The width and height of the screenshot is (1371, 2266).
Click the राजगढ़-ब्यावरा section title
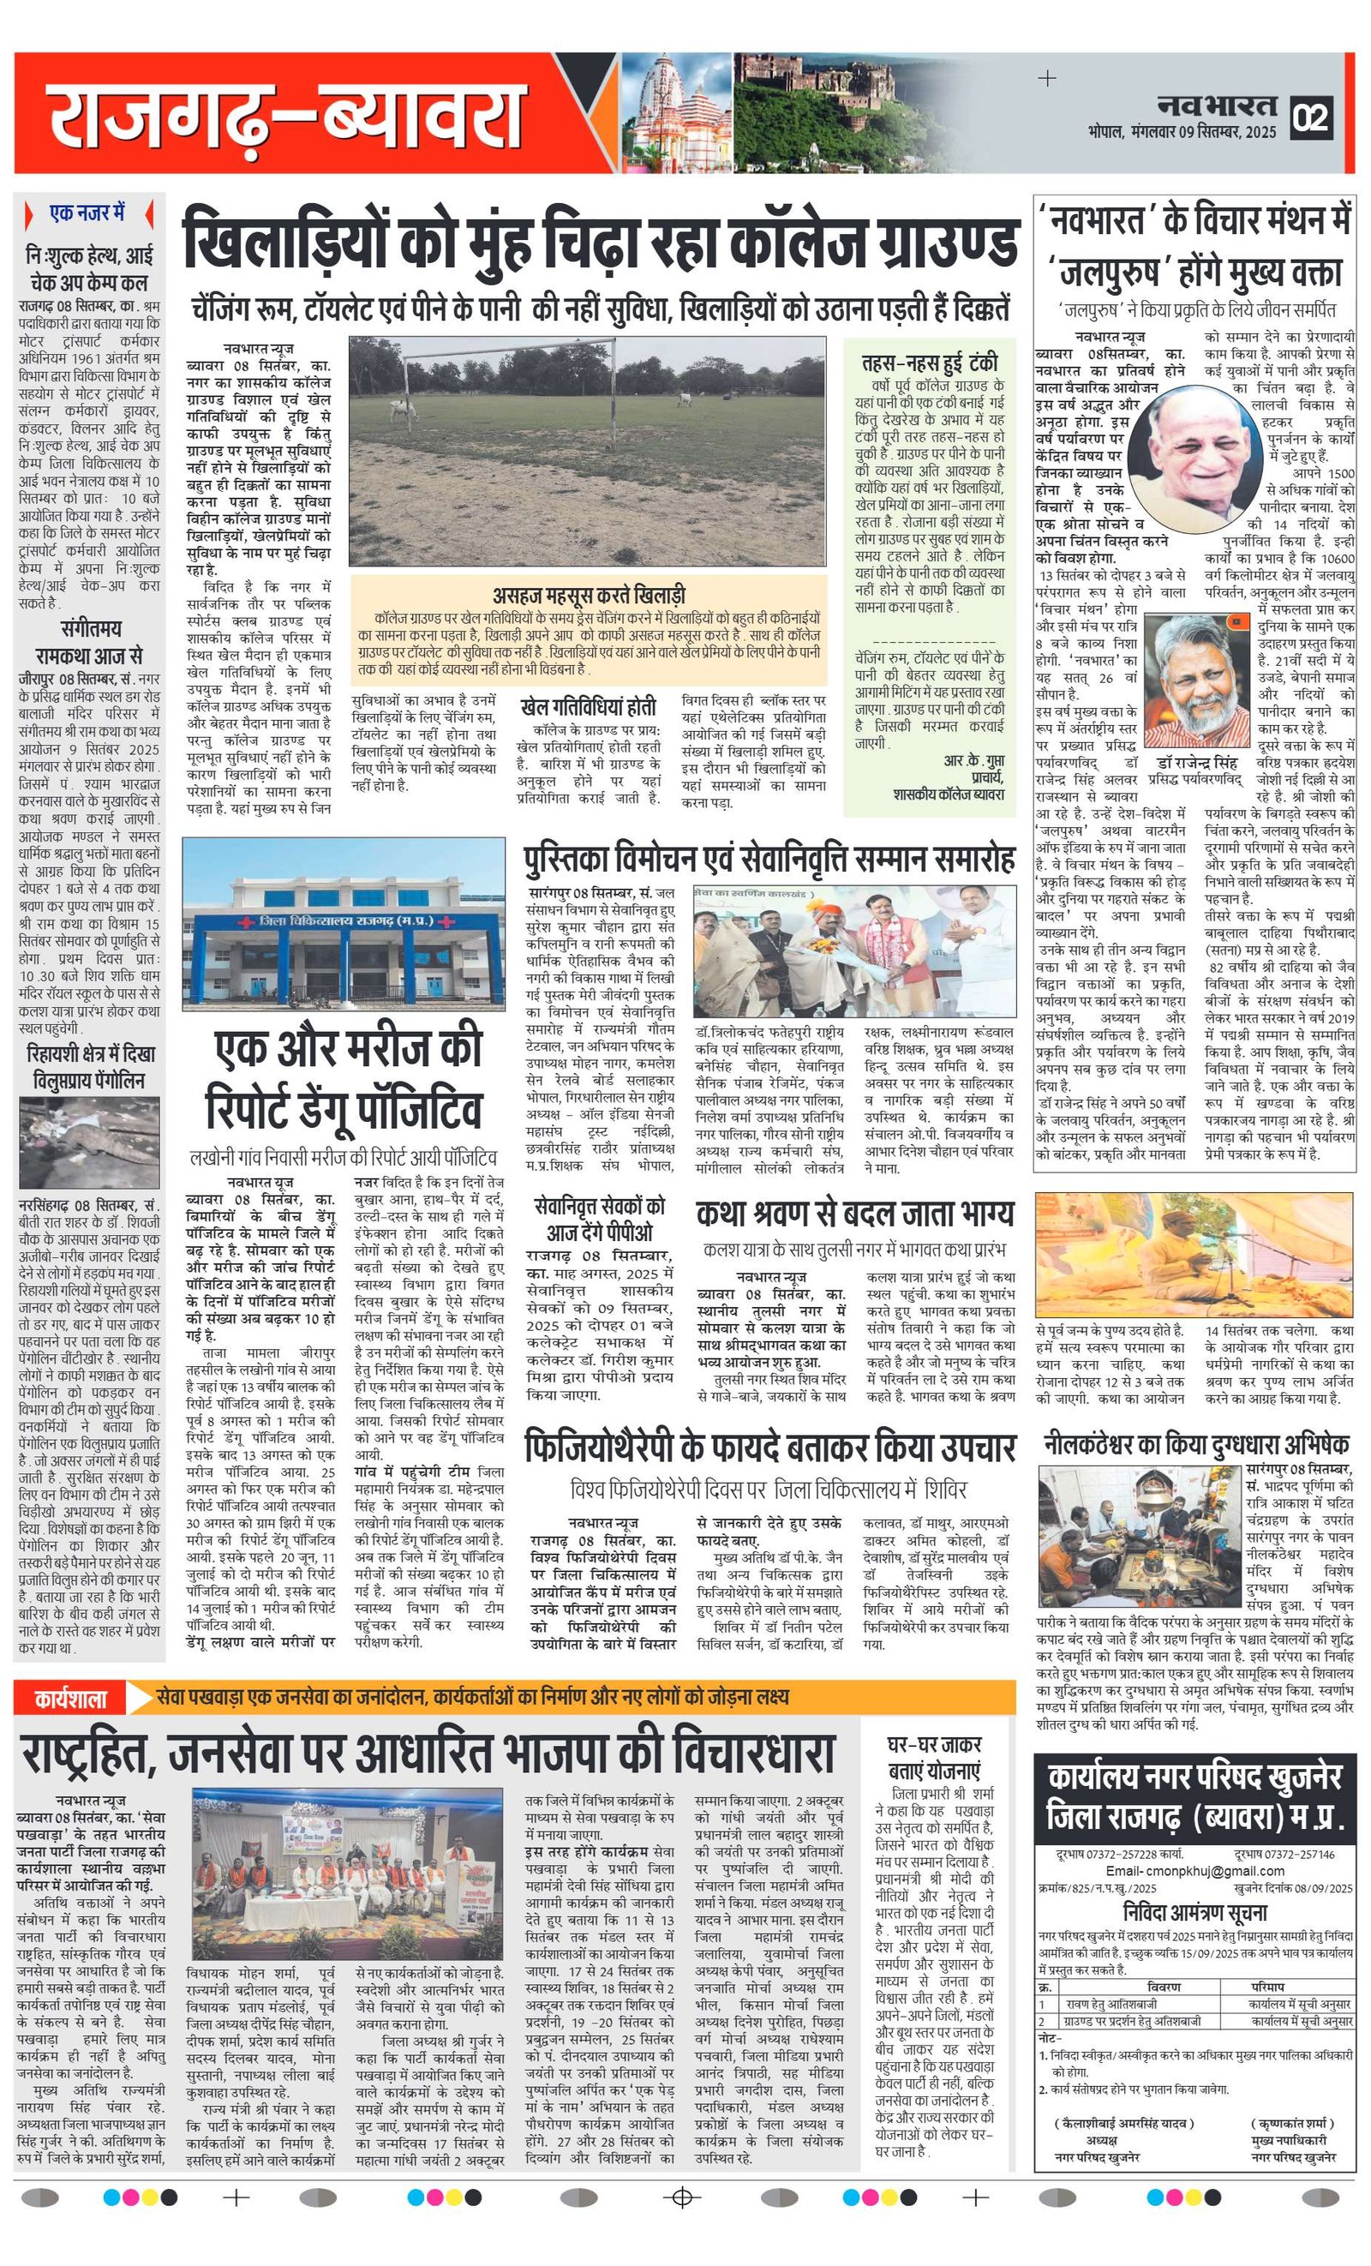pyautogui.click(x=286, y=117)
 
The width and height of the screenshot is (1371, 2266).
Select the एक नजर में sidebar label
pyautogui.click(x=87, y=213)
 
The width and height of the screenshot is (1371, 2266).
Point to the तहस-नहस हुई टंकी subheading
pyautogui.click(x=929, y=362)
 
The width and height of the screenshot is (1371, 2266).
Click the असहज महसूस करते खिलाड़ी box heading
pyautogui.click(x=589, y=595)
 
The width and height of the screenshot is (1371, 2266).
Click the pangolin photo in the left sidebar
pyautogui.click(x=89, y=1142)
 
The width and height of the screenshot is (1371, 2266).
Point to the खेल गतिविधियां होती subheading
pyautogui.click(x=588, y=707)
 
